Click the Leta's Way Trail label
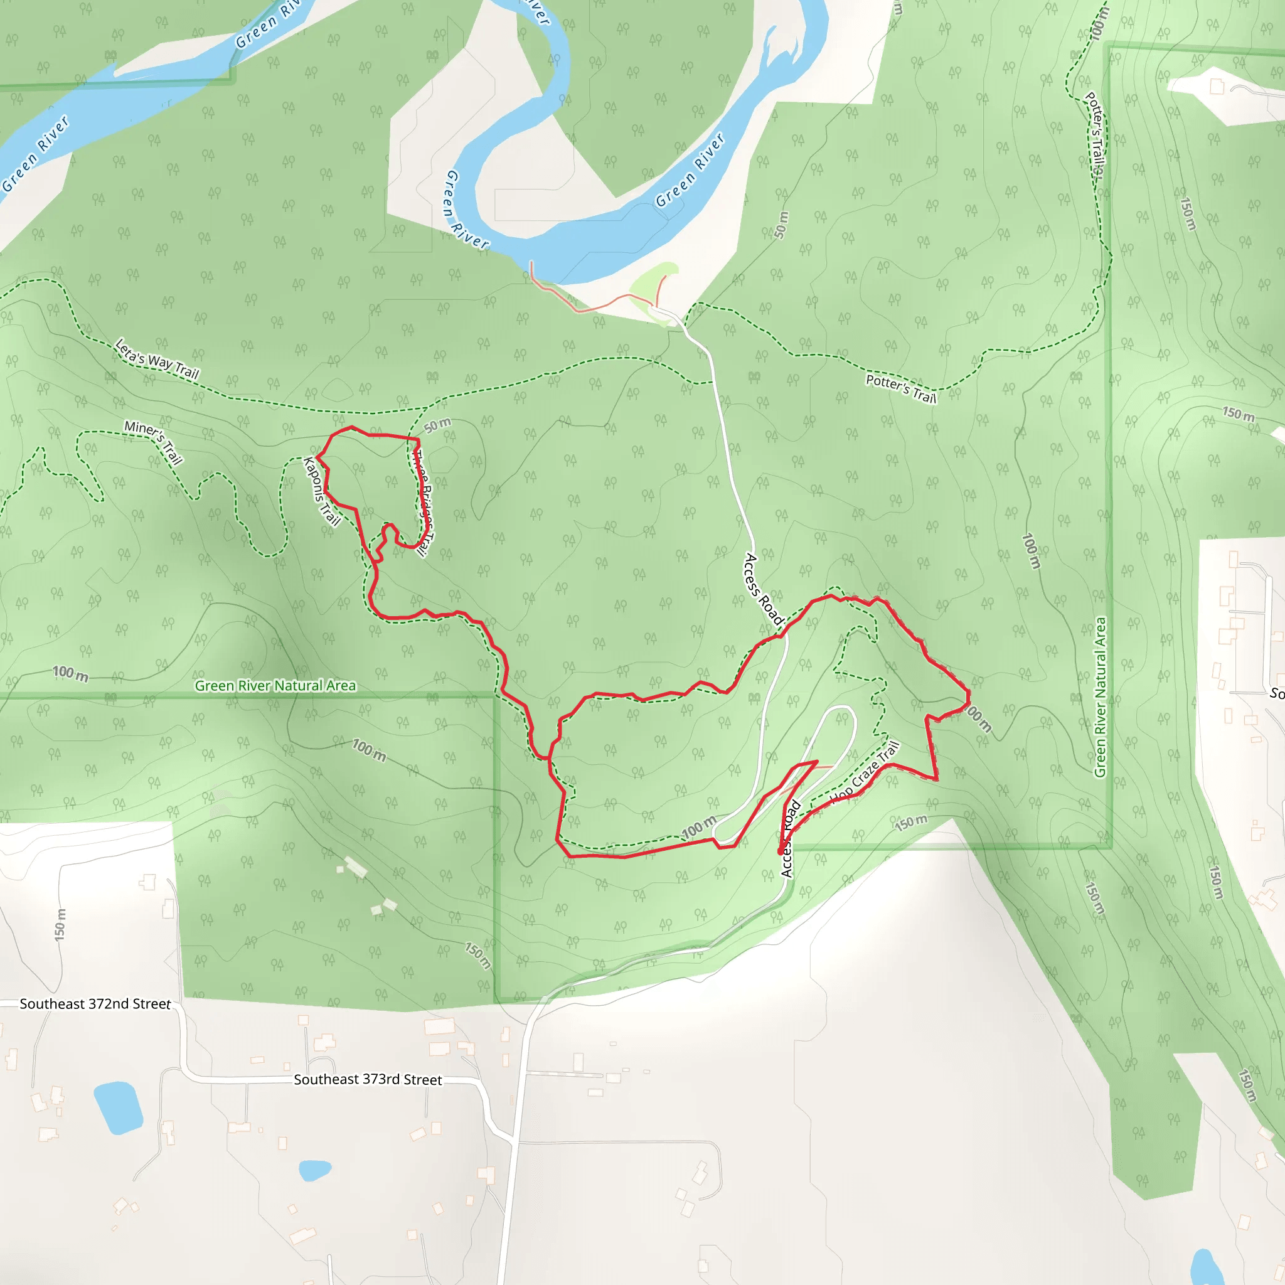coord(157,358)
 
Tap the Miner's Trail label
coord(154,442)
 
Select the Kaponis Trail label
coord(322,491)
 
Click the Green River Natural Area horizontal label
coord(275,686)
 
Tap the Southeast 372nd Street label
coord(95,1004)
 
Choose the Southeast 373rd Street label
coord(368,1079)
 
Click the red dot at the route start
coord(781,851)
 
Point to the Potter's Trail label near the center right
coord(900,388)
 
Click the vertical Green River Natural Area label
coord(1101,697)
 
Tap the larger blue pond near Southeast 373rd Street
coord(119,1107)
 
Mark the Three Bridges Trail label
coord(423,503)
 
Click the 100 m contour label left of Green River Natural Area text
coord(70,674)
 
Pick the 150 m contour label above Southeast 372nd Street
coord(60,924)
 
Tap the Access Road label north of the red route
coord(763,589)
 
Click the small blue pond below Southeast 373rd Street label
coord(314,1170)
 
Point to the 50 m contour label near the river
coord(782,225)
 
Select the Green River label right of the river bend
coord(690,170)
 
